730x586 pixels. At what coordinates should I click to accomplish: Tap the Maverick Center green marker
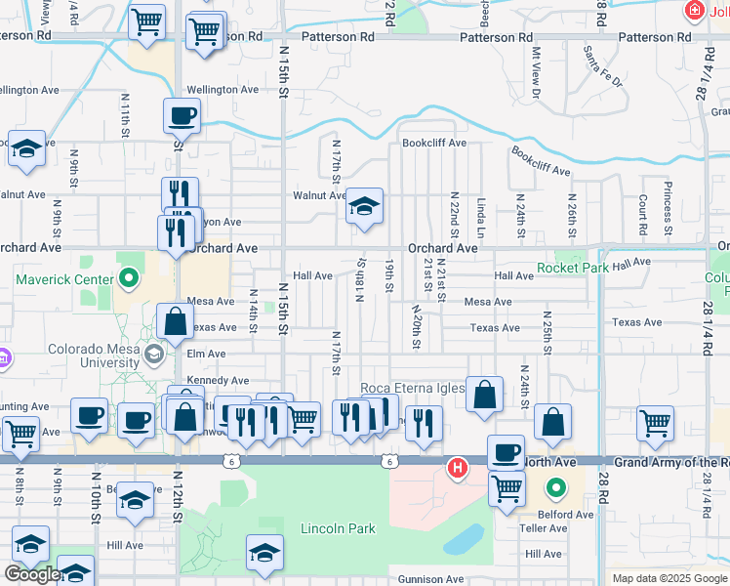pos(128,279)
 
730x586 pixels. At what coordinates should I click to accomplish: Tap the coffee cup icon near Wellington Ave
pos(182,118)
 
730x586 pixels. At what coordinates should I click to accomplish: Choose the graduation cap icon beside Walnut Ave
pos(364,207)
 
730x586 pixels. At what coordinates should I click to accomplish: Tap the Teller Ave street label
pos(544,528)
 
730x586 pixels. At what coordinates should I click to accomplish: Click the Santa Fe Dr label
pos(602,66)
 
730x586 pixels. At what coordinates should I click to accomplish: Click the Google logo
pos(31,574)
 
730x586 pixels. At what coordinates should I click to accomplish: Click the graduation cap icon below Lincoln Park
pos(264,554)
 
